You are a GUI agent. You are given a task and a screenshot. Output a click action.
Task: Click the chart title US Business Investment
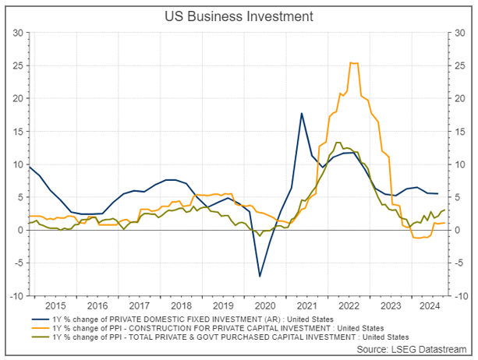[239, 16]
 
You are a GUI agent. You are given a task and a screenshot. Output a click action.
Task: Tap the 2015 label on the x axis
[55, 306]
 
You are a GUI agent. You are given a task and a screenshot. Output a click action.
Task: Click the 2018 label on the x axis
[182, 306]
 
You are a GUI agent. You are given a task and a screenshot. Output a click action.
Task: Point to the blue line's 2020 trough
[260, 276]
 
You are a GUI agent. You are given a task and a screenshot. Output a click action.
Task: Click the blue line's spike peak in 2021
[302, 114]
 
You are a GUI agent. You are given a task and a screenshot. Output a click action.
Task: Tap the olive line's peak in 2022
[338, 143]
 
